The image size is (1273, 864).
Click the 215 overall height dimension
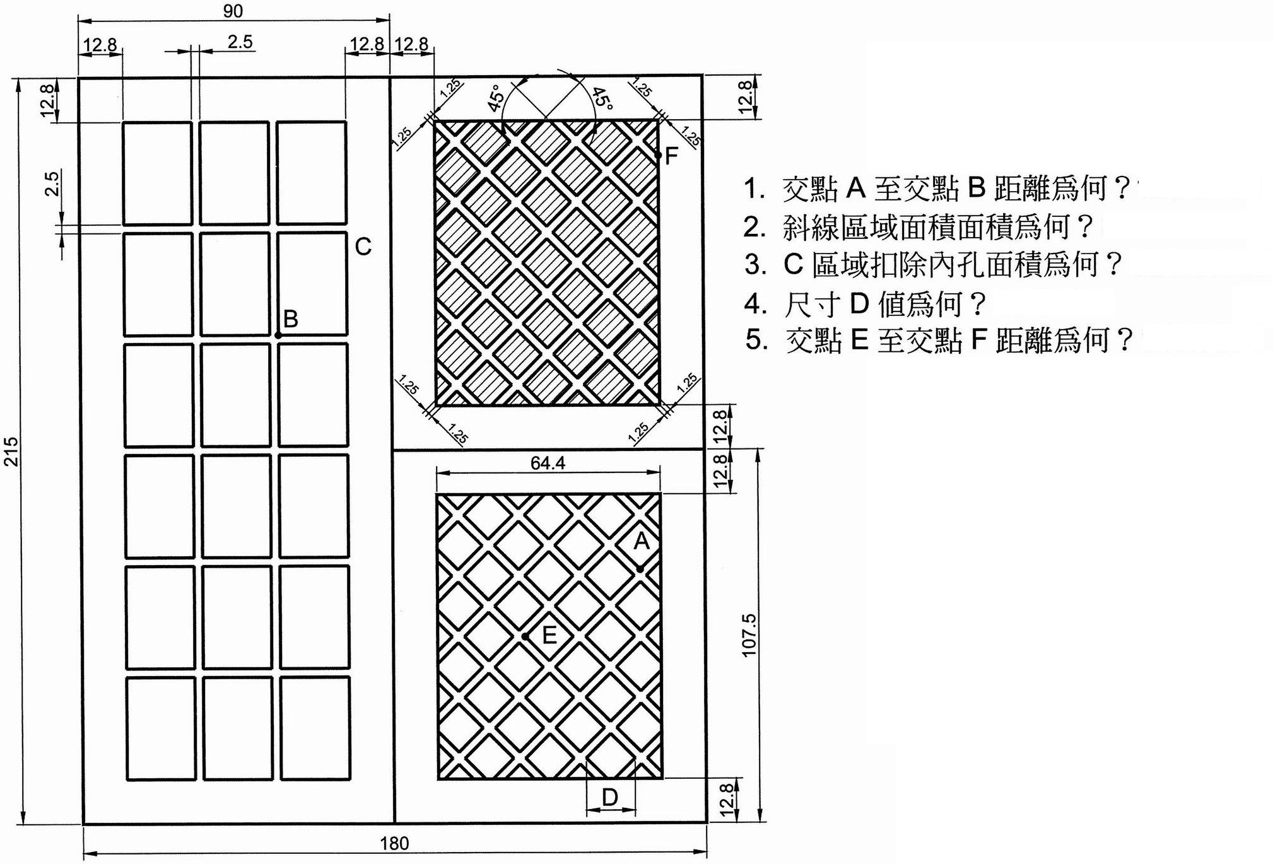(x=12, y=451)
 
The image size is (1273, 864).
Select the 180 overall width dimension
(x=394, y=843)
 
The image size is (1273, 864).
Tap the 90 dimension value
(x=233, y=11)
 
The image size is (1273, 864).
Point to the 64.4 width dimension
(x=548, y=463)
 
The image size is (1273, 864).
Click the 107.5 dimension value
(x=749, y=634)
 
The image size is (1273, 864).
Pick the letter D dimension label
(x=610, y=798)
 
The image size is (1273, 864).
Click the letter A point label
(x=642, y=540)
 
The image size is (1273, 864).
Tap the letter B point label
(x=291, y=319)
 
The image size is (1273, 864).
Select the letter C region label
(x=363, y=247)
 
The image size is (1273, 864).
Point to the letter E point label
(x=549, y=635)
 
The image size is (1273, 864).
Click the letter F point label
(x=671, y=155)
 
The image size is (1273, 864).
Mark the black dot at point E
(x=525, y=636)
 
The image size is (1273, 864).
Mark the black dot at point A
(x=640, y=569)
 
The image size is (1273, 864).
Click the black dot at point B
(x=278, y=336)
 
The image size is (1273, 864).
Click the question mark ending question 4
(x=977, y=304)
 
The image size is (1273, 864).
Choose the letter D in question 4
(x=860, y=304)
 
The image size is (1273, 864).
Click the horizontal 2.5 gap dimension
(x=240, y=42)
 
